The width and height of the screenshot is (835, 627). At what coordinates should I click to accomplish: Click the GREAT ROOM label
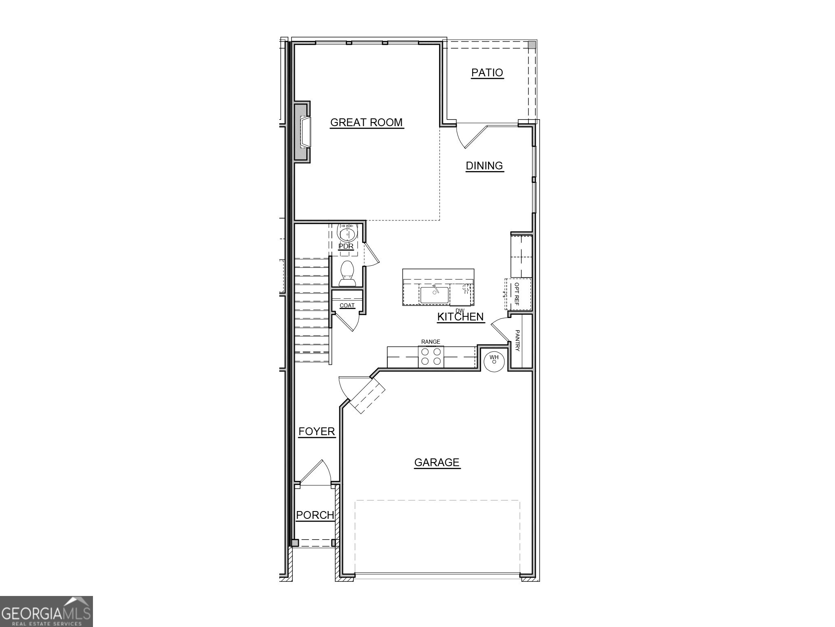366,122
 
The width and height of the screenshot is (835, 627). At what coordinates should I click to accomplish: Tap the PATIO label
487,73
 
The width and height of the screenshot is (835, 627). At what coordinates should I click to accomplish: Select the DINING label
484,166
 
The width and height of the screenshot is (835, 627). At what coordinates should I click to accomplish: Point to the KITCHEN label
460,317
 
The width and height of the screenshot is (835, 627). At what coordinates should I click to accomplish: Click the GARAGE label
437,462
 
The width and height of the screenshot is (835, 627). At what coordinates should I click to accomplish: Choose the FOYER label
316,431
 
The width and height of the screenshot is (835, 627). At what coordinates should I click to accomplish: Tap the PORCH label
315,515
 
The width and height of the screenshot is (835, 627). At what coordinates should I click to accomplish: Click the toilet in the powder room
347,273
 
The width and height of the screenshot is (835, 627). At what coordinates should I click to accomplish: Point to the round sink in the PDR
347,234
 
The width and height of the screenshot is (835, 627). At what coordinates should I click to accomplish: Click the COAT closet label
347,305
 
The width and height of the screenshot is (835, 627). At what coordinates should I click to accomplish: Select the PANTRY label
517,340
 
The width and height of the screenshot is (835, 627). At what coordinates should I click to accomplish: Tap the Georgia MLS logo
46,611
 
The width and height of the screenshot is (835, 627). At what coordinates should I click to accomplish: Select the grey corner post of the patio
532,45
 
